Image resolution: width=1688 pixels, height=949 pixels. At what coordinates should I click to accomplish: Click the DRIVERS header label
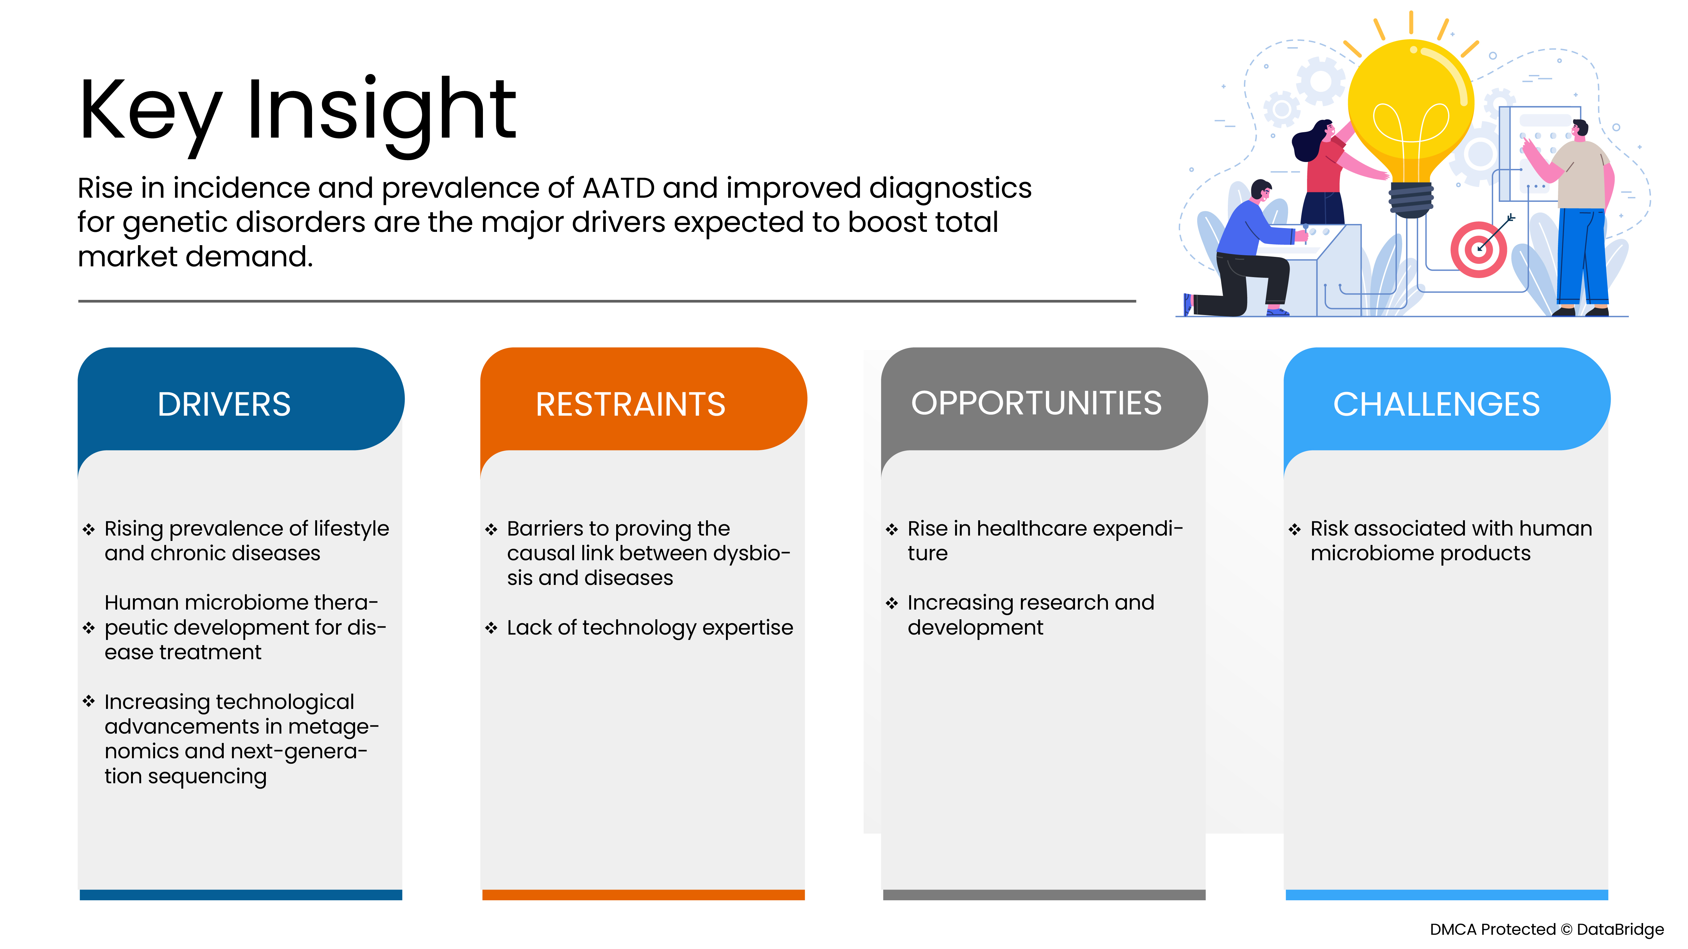[x=224, y=404]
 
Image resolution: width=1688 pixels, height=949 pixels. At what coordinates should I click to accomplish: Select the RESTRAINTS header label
[x=630, y=404]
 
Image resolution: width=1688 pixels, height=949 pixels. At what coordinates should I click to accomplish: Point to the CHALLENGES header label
[x=1436, y=404]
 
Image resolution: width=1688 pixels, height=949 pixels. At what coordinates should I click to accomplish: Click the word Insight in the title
[x=381, y=111]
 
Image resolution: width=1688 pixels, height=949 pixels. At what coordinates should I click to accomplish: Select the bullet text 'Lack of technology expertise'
[x=649, y=627]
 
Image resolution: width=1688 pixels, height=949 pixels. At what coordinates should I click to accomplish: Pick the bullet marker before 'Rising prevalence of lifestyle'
[x=89, y=529]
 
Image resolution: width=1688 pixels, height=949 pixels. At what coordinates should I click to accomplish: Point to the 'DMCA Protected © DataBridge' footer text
[x=1547, y=929]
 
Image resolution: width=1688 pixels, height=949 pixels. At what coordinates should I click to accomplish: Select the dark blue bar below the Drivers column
[x=241, y=895]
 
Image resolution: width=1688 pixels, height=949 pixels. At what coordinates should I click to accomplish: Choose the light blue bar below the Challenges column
[x=1446, y=895]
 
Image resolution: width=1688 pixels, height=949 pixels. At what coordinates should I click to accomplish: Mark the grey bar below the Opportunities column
[x=1044, y=895]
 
